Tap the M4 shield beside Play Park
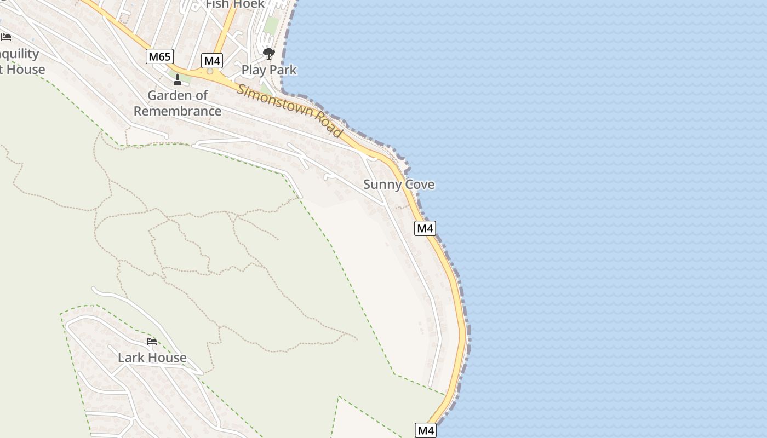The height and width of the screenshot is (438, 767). tap(212, 60)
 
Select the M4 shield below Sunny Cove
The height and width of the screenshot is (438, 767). tap(425, 228)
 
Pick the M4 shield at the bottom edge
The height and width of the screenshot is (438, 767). tap(426, 430)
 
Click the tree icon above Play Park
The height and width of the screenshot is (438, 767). tap(268, 54)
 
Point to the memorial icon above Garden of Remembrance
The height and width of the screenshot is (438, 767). tap(177, 80)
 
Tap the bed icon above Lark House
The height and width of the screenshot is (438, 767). tap(152, 342)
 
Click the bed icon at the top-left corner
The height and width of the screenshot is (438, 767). tap(6, 37)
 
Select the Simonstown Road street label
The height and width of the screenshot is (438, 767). tap(290, 111)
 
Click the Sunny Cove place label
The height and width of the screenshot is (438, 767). tap(399, 185)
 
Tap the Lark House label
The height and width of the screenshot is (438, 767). tap(152, 358)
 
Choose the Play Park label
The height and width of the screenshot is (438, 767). tap(269, 70)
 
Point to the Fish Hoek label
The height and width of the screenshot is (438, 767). tap(235, 4)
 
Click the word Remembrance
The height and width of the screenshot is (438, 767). tap(178, 111)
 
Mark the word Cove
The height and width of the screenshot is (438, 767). tap(420, 185)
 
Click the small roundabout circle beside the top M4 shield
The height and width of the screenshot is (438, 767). tap(209, 71)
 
